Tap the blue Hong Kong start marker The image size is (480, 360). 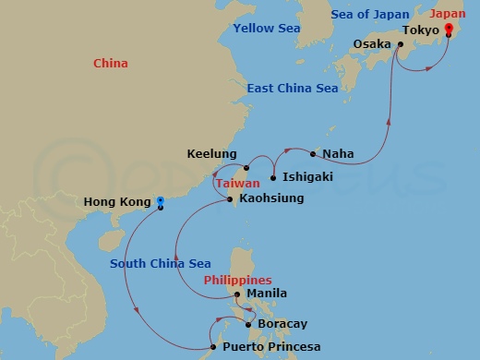(x=161, y=201)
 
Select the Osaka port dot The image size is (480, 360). (x=400, y=43)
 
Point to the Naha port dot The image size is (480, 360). (x=314, y=154)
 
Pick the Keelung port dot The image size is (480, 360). (x=246, y=168)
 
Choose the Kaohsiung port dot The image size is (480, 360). (x=230, y=198)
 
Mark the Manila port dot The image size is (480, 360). (x=237, y=294)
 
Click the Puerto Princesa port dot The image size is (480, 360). (x=215, y=347)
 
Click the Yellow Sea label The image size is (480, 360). (x=267, y=29)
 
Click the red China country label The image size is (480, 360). (x=111, y=64)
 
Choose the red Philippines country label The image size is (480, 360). (x=237, y=280)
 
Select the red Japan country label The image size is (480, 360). (x=448, y=14)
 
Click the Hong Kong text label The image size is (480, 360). (x=117, y=201)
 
